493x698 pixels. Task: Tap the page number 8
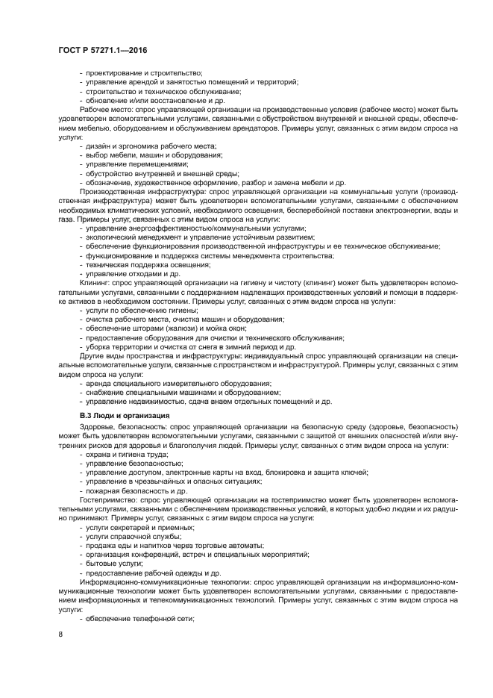[60, 635]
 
